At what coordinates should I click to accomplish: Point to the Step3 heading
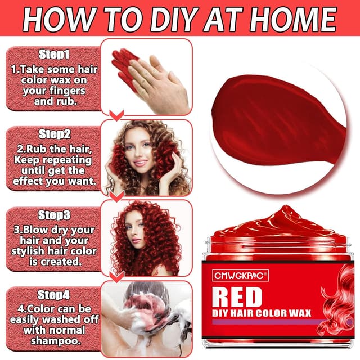[55, 215]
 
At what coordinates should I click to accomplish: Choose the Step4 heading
[55, 294]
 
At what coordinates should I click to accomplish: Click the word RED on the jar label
[237, 297]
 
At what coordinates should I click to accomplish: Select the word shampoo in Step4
[55, 341]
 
